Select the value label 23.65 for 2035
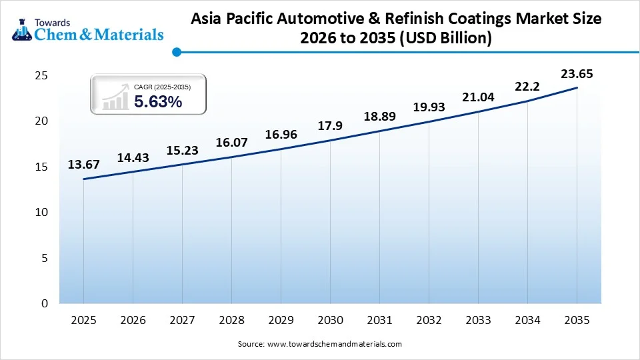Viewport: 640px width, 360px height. click(x=577, y=73)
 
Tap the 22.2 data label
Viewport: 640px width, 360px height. click(x=527, y=87)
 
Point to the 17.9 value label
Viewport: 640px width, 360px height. click(x=330, y=126)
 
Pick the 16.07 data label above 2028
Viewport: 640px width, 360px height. click(x=231, y=143)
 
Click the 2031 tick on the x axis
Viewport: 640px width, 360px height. click(x=379, y=320)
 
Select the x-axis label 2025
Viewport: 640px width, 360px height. click(x=83, y=320)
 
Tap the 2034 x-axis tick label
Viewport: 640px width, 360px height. click(x=527, y=320)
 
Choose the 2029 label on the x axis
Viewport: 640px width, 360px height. click(x=281, y=320)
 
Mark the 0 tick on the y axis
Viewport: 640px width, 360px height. click(x=45, y=303)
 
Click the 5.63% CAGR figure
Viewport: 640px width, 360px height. click(x=158, y=102)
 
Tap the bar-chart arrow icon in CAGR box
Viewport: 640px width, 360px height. click(x=115, y=96)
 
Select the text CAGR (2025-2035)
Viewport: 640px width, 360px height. click(x=163, y=87)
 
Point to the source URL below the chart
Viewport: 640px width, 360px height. click(x=320, y=344)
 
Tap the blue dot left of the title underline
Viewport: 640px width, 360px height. click(x=176, y=51)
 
